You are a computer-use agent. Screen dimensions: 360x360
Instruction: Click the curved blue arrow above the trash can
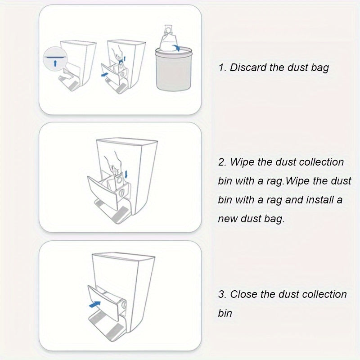[x=176, y=48]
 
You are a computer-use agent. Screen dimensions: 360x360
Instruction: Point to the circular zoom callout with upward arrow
[x=55, y=59]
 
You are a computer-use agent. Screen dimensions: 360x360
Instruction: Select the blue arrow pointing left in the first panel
[x=105, y=75]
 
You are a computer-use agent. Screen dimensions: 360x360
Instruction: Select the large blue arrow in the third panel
[x=94, y=305]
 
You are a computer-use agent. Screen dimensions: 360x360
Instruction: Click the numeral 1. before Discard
[x=222, y=68]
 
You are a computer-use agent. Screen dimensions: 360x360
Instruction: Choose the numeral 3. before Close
[x=222, y=294]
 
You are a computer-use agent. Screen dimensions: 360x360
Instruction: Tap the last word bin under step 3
[x=225, y=313]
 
